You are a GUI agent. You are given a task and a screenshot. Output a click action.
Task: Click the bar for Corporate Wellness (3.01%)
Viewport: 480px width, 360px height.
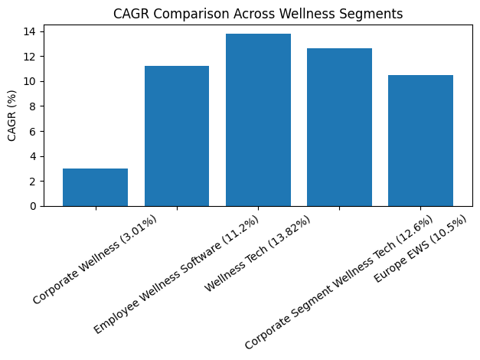pyautogui.click(x=95, y=188)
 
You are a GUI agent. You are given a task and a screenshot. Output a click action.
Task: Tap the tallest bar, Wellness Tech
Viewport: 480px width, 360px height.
pyautogui.click(x=258, y=120)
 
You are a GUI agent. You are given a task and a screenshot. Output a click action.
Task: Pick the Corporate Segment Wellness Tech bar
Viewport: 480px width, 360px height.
pyautogui.click(x=339, y=128)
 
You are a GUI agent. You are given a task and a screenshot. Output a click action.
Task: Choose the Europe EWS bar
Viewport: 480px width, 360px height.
pyautogui.click(x=420, y=141)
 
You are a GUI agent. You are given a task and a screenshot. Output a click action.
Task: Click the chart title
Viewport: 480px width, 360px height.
pyautogui.click(x=258, y=13)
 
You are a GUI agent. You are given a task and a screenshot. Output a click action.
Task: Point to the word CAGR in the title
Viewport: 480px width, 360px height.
pyautogui.click(x=129, y=13)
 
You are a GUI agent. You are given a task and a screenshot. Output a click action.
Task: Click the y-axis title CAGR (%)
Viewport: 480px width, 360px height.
pyautogui.click(x=11, y=115)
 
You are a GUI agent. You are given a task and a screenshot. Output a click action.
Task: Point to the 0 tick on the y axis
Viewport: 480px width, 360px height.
pyautogui.click(x=33, y=206)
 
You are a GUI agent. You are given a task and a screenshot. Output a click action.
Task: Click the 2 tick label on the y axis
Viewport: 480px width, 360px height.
pyautogui.click(x=33, y=182)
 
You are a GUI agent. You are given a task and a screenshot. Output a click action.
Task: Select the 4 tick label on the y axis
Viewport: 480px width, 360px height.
pyautogui.click(x=33, y=156)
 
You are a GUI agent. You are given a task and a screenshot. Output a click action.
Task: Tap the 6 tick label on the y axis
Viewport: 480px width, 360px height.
pyautogui.click(x=33, y=131)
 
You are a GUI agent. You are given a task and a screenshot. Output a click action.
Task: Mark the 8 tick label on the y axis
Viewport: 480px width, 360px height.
pyautogui.click(x=33, y=106)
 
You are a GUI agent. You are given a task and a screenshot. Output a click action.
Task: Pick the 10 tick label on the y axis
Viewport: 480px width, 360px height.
pyautogui.click(x=31, y=81)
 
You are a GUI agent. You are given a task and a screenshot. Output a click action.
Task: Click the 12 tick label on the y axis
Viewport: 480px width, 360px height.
pyautogui.click(x=31, y=57)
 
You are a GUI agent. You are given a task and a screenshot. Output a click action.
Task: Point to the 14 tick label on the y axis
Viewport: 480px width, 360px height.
pyautogui.click(x=31, y=31)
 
